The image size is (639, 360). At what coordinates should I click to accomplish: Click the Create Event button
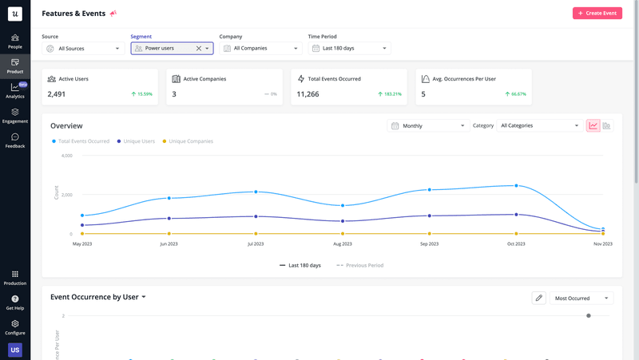[x=597, y=14]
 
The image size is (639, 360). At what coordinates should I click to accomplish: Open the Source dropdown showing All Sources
[x=83, y=49]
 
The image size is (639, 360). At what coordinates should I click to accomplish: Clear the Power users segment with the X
[x=199, y=49]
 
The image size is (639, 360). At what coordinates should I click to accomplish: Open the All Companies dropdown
[x=260, y=49]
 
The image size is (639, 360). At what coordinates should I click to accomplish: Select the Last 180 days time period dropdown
[x=349, y=49]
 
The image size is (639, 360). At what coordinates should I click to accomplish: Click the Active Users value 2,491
[x=57, y=94]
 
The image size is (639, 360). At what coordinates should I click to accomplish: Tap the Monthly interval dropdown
[x=428, y=126]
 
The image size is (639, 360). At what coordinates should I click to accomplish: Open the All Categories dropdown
[x=538, y=126]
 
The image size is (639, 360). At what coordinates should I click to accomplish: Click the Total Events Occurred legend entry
[x=83, y=141]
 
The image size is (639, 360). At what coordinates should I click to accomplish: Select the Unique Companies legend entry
[x=190, y=141]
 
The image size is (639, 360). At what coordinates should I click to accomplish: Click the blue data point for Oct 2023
[x=517, y=186]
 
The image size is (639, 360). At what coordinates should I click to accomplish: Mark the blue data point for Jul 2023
[x=256, y=192]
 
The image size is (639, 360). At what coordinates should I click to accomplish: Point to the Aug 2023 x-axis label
[x=342, y=243]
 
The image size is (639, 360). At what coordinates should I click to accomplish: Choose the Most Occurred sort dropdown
[x=581, y=299]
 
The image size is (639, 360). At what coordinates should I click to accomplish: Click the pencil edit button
[x=539, y=299]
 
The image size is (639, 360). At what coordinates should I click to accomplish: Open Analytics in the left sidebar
[x=15, y=90]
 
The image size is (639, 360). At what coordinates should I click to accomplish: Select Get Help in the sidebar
[x=15, y=302]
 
